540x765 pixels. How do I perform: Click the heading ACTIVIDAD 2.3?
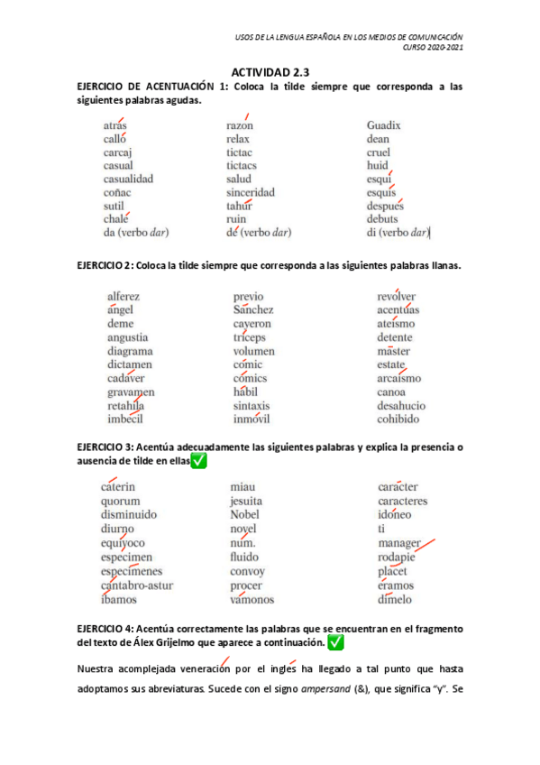coord(270,71)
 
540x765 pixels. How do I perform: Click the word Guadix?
coord(383,125)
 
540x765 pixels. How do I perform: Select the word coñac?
coord(118,192)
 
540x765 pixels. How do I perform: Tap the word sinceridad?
coord(251,192)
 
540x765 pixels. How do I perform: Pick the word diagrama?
coord(130,351)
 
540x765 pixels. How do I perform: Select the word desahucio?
coord(401,406)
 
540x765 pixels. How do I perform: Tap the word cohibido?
coord(398,419)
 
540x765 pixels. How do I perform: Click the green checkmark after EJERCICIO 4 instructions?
coord(335,642)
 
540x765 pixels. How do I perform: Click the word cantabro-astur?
coord(137,585)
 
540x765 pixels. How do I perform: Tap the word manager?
coord(399,544)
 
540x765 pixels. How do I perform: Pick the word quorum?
coord(120,501)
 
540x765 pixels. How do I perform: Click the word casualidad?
coord(128,179)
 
